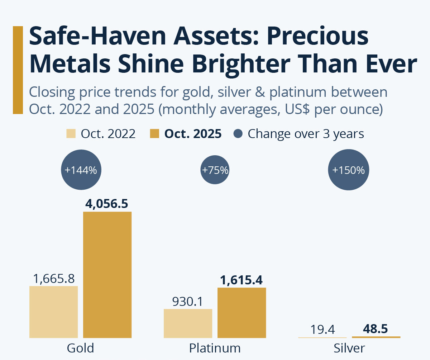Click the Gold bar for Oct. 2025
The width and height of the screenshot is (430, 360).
107,275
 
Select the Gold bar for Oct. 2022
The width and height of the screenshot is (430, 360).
53,312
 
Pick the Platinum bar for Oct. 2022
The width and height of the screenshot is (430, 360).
188,323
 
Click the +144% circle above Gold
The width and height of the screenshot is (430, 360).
81,170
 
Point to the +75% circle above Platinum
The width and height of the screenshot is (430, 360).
215,170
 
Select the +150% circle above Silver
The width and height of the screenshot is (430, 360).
348,170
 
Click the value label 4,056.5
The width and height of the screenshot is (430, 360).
107,204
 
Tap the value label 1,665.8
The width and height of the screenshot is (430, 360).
53,278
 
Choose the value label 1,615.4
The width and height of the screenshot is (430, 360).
242,280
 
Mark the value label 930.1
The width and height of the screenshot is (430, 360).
188,302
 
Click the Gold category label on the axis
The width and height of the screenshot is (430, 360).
80,348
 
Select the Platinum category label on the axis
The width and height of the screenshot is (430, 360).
215,348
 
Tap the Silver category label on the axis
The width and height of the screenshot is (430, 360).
349,348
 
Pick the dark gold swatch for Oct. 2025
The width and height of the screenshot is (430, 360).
154,134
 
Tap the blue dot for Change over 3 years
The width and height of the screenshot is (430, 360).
238,134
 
